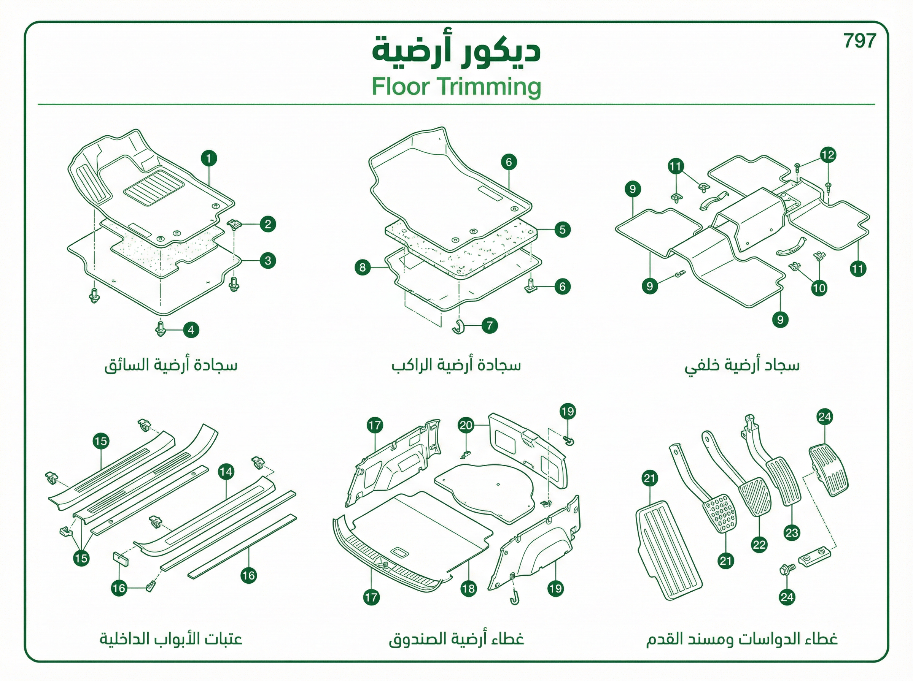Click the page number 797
(x=859, y=41)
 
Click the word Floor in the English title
(x=400, y=87)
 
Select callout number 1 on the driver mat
(x=209, y=158)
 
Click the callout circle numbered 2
(x=268, y=224)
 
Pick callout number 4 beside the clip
(x=191, y=330)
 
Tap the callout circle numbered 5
(x=562, y=230)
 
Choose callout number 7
(x=490, y=326)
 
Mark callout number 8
(x=363, y=268)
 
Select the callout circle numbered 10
(x=819, y=288)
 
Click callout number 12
(x=828, y=155)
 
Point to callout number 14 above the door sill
(x=226, y=472)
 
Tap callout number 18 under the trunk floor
(x=469, y=588)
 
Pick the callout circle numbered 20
(x=466, y=425)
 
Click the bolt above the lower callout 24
(x=787, y=569)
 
